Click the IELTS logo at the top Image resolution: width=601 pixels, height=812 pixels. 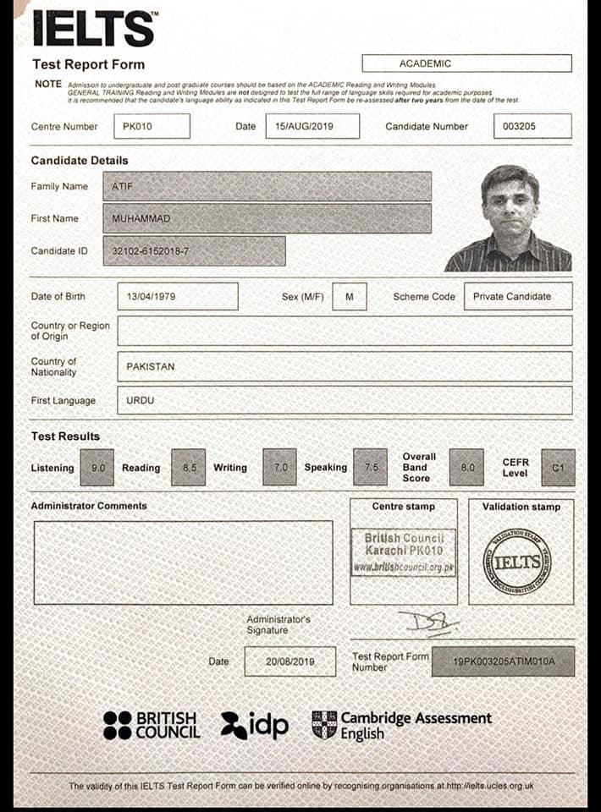tap(93, 29)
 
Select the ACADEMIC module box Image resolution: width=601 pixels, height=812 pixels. tap(466, 63)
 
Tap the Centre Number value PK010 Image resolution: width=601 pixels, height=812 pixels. tap(151, 126)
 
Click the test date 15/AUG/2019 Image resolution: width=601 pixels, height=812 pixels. tap(312, 126)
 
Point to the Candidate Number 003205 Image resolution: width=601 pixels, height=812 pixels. tap(532, 126)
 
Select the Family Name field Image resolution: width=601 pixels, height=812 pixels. tap(267, 186)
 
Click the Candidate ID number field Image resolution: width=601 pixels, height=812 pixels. tap(194, 251)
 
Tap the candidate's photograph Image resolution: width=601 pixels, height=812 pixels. tap(510, 218)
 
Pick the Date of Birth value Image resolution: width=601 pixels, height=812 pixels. tap(177, 297)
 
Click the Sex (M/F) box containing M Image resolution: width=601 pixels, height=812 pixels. tap(349, 297)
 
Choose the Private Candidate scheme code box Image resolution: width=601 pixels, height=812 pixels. tap(517, 297)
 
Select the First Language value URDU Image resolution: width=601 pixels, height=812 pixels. tap(344, 400)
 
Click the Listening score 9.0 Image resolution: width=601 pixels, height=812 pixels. tap(96, 467)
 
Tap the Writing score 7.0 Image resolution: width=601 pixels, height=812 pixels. tap(279, 467)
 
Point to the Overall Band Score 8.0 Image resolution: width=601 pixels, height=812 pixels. tap(466, 467)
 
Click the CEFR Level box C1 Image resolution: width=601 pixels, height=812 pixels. tap(558, 467)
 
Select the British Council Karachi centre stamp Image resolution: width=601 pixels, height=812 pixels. tap(403, 552)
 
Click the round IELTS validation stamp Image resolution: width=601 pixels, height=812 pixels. tap(516, 560)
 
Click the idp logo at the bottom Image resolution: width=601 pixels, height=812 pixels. tap(255, 724)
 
